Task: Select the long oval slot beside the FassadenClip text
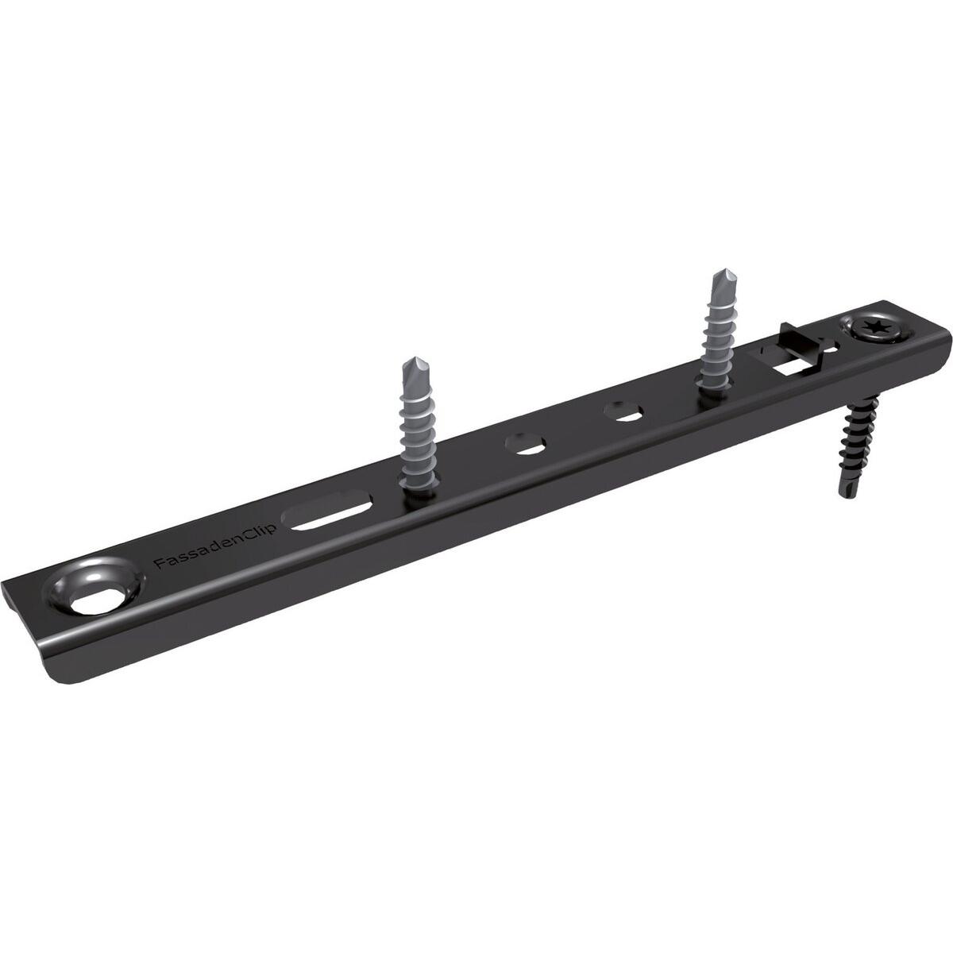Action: coord(332,512)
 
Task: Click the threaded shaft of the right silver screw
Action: coord(717,341)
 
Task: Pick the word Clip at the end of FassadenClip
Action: coord(257,532)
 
